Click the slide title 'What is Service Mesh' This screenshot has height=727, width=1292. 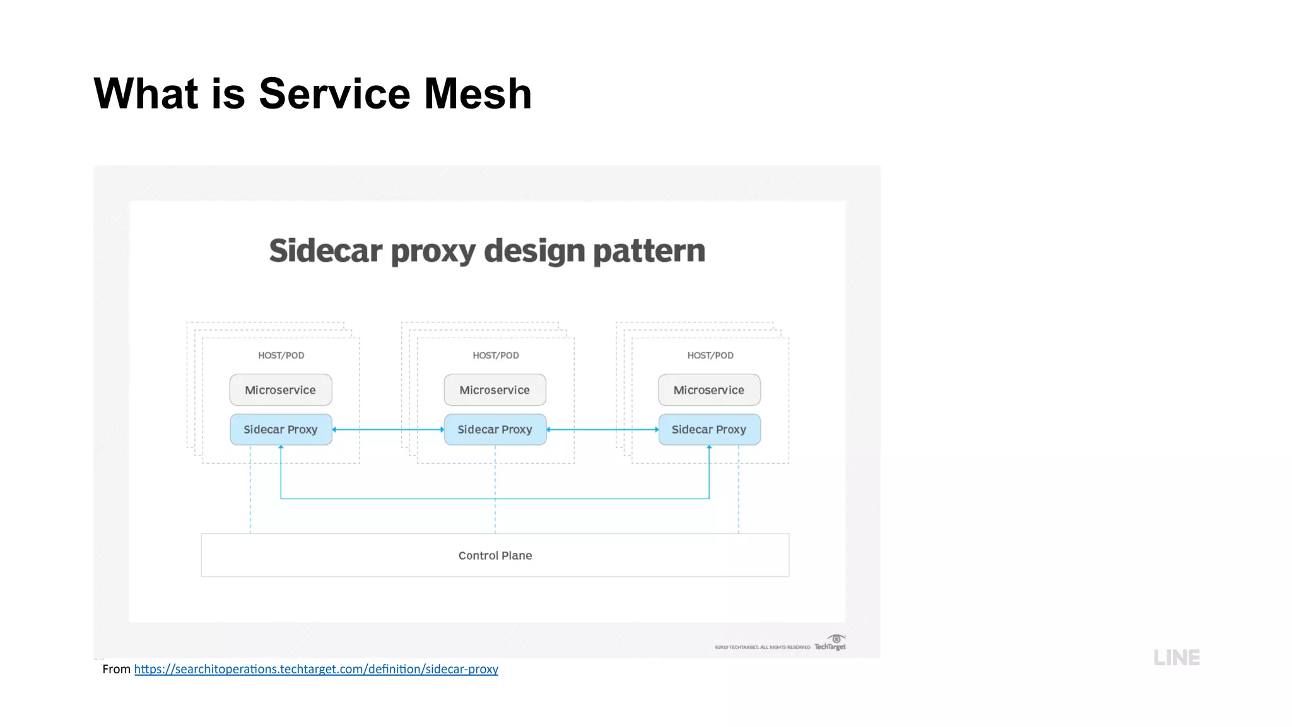pos(312,93)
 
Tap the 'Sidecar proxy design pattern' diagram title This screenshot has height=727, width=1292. pos(487,251)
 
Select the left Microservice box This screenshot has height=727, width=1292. pos(281,390)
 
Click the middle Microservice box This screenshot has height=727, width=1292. pos(495,390)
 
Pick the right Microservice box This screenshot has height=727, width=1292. pos(709,390)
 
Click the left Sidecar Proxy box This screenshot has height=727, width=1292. pos(281,430)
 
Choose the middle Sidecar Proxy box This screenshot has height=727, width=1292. pos(495,430)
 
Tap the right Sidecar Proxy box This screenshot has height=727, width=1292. pos(709,430)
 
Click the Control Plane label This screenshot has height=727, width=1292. pos(495,555)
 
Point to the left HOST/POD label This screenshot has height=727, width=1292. pos(281,355)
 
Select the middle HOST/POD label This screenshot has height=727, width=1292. pos(496,355)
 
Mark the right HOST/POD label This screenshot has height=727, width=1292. pos(710,355)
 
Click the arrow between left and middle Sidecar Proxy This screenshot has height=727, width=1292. pos(388,430)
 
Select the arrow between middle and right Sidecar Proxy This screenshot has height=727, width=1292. pos(602,430)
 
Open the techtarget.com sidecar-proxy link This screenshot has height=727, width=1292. pos(316,669)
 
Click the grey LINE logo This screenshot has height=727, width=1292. pos(1177,658)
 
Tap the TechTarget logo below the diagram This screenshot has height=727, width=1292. pos(830,644)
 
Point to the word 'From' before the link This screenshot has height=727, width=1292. pos(116,669)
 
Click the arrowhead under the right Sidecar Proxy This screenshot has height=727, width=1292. pos(709,447)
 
